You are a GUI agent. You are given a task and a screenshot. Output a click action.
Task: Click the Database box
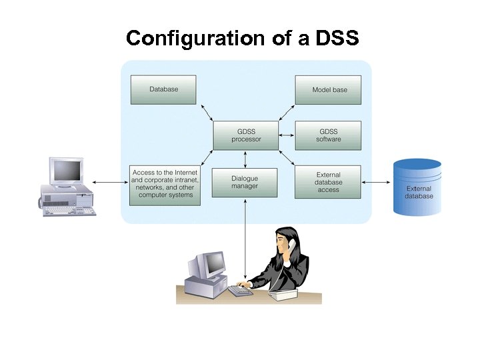point(163,89)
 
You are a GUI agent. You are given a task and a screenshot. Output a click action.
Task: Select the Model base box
point(328,90)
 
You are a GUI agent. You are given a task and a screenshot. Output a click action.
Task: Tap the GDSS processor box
point(246,135)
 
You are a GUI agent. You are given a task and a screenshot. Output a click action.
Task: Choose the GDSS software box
point(328,135)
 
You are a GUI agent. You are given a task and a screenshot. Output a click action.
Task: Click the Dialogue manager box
point(245,183)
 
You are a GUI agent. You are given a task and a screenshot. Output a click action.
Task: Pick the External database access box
point(328,182)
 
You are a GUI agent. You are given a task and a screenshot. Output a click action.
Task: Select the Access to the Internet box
point(163,183)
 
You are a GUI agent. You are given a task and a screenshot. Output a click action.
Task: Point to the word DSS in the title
point(337,38)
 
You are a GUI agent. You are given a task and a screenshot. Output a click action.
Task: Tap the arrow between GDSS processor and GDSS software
point(287,136)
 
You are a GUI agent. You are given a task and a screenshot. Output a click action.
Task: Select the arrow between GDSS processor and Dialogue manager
point(246,159)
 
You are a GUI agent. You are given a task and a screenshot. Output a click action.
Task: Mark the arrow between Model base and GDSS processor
point(286,111)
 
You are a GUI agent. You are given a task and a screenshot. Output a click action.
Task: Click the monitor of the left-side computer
point(67,171)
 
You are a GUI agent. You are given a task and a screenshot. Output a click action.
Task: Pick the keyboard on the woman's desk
point(240,291)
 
